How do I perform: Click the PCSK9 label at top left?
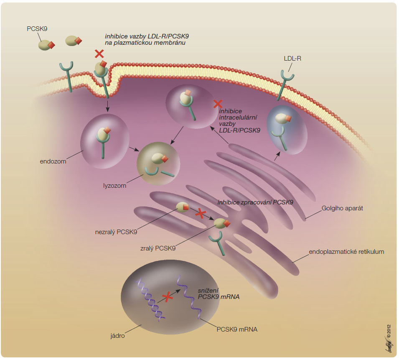coord(37,29)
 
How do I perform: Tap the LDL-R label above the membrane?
coord(292,59)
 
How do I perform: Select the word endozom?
coord(53,161)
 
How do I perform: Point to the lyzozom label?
coord(114,186)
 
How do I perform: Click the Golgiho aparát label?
coord(342,208)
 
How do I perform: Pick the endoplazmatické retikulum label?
coord(346,252)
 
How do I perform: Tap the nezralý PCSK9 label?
coord(116,232)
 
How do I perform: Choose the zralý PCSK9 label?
coord(158,248)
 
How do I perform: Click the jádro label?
coord(117,336)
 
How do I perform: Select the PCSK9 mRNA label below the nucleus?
coord(237,329)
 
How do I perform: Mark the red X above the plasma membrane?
coord(99,54)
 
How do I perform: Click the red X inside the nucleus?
coord(168,297)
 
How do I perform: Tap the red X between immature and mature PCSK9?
coord(201,214)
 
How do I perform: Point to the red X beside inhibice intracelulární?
coord(218,104)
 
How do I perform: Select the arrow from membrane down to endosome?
coord(107,106)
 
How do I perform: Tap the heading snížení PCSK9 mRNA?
coord(219,294)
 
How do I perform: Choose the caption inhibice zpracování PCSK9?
coord(255,202)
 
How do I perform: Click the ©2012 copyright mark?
coord(389,332)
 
